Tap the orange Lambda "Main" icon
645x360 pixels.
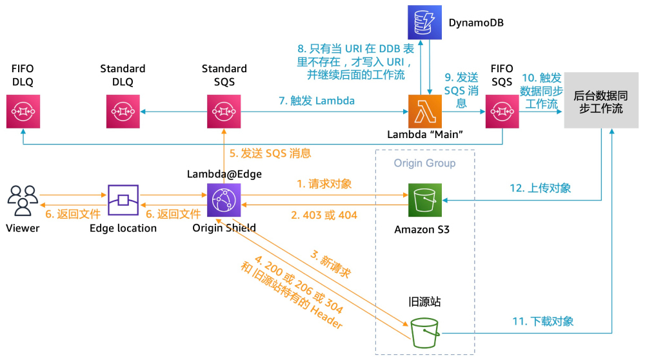click(x=425, y=111)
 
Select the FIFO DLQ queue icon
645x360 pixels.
click(x=23, y=111)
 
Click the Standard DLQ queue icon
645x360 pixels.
click(x=123, y=111)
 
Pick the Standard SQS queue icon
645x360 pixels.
click(x=224, y=111)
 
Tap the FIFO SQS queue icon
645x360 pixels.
click(x=502, y=111)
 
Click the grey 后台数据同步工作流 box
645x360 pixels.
click(x=599, y=101)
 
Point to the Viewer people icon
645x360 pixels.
click(x=23, y=200)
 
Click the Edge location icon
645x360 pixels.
click(x=123, y=200)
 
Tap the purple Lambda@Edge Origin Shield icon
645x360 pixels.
click(x=223, y=200)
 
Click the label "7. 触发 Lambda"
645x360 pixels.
click(x=317, y=101)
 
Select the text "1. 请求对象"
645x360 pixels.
click(x=324, y=184)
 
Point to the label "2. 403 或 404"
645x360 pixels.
click(x=324, y=215)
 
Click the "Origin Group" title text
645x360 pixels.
click(x=424, y=163)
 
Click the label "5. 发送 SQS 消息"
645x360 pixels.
click(x=270, y=154)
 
